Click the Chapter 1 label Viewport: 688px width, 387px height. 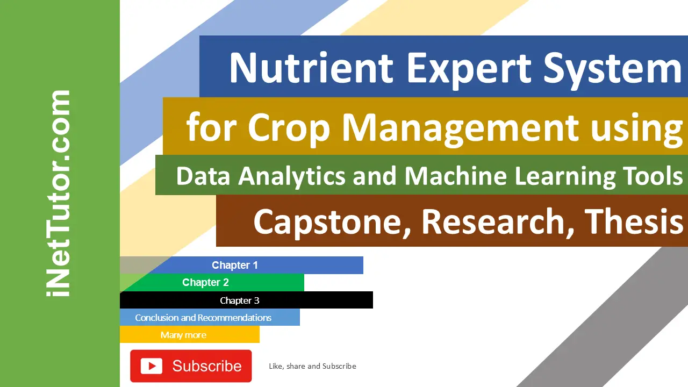(235, 265)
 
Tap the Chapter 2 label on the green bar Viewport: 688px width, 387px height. (205, 282)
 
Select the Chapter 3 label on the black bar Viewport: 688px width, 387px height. (240, 300)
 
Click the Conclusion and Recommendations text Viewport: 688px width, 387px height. (203, 318)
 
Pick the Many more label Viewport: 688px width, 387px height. (183, 335)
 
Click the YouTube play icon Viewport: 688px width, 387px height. (152, 366)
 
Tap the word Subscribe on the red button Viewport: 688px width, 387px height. (207, 366)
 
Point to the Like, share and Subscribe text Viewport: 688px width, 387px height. (312, 366)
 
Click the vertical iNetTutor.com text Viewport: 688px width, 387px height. (59, 193)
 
